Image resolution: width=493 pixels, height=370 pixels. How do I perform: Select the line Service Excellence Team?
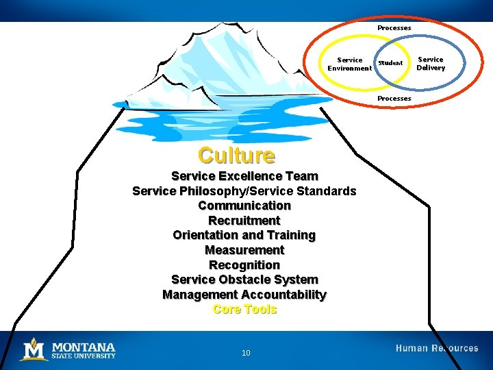[x=244, y=176]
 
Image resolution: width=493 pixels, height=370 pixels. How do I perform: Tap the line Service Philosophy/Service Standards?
[x=244, y=191]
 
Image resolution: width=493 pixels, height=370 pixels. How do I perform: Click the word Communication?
[x=244, y=206]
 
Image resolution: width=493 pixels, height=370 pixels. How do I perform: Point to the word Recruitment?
[x=244, y=221]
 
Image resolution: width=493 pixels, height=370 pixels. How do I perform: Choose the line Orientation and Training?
[x=244, y=235]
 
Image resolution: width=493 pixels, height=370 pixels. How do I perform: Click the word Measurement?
[x=244, y=250]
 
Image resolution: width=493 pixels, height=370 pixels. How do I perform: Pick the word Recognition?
[x=244, y=265]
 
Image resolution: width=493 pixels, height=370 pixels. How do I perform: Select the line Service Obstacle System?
[x=244, y=280]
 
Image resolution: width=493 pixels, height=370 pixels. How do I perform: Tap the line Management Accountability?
[x=244, y=295]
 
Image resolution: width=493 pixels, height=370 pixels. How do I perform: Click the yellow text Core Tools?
[x=244, y=310]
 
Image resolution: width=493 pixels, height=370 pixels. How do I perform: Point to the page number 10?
[x=246, y=353]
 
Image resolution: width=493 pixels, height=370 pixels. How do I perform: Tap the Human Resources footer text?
[x=437, y=349]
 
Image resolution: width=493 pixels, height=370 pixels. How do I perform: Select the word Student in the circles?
[x=390, y=64]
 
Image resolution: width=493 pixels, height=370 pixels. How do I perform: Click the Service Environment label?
[x=349, y=64]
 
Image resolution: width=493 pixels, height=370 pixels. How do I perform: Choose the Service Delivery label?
[x=431, y=64]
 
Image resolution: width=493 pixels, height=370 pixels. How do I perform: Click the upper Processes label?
[x=394, y=28]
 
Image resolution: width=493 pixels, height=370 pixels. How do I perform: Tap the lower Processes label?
[x=394, y=99]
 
